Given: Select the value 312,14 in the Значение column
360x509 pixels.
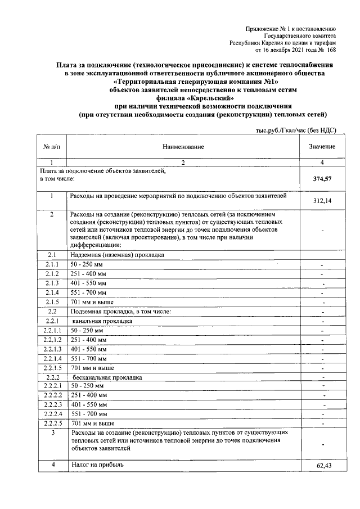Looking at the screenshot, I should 322,201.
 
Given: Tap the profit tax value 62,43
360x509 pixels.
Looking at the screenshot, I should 322,466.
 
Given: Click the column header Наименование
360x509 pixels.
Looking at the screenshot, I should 183,147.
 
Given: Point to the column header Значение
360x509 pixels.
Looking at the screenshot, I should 322,147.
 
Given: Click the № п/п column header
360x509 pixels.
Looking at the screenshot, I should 51,147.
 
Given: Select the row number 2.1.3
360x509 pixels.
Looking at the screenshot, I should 52,283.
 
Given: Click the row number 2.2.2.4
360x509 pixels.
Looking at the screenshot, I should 52,413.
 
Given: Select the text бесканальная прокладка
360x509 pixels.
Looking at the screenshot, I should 107,377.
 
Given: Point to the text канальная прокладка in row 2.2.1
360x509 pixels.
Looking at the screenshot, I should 102,321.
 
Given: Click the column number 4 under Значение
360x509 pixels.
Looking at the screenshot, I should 322,163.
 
